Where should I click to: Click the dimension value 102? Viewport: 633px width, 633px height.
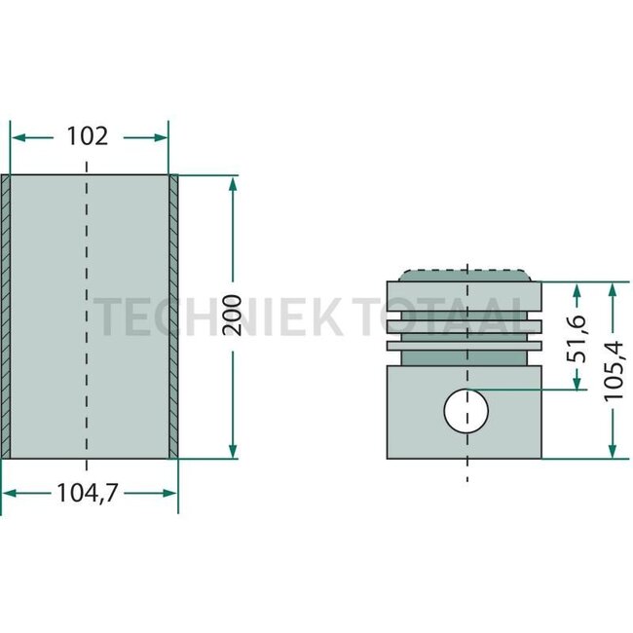[x=88, y=136]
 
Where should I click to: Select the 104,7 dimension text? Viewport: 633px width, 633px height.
[x=88, y=494]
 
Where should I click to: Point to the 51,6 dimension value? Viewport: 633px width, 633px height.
[x=577, y=337]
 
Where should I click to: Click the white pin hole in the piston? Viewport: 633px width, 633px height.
[x=465, y=411]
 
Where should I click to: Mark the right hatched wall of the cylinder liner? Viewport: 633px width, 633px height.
[x=173, y=316]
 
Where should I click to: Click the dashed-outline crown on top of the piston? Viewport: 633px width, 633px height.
[x=465, y=275]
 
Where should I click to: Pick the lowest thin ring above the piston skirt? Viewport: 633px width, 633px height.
[x=465, y=346]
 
